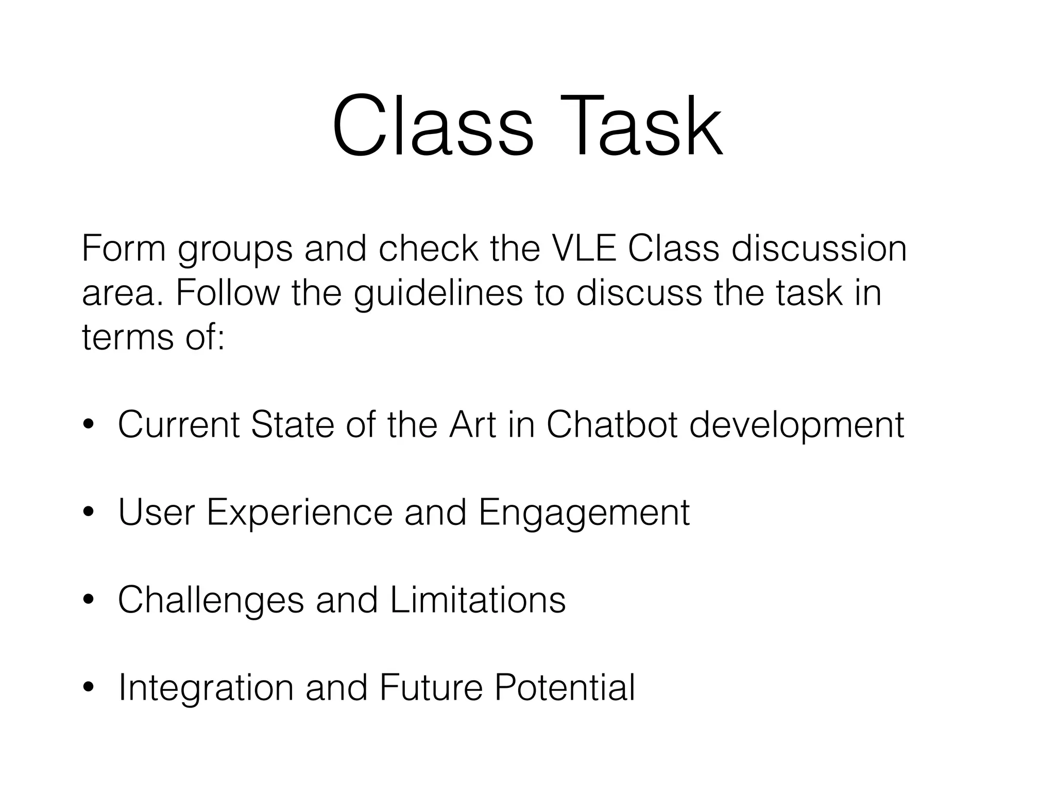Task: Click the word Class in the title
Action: [x=433, y=126]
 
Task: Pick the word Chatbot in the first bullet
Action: [x=611, y=425]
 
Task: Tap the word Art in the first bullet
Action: [x=472, y=425]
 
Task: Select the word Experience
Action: [x=299, y=514]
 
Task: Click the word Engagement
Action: [x=584, y=514]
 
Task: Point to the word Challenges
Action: [x=211, y=601]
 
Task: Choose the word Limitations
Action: [x=478, y=600]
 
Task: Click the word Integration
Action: [x=206, y=689]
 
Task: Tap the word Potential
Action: [x=565, y=688]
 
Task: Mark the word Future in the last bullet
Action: [x=431, y=688]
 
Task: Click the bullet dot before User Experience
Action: [x=89, y=513]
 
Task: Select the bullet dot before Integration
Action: [x=89, y=688]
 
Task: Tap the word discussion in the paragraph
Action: [x=819, y=249]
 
